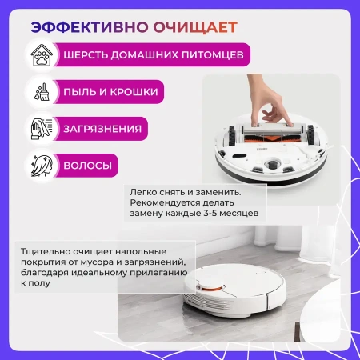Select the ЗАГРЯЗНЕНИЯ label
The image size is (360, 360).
105,128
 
